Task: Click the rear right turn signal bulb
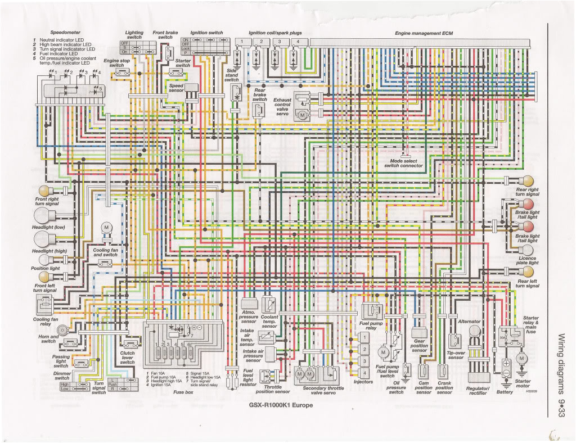point(528,180)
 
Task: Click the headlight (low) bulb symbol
point(43,216)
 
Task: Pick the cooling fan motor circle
point(105,227)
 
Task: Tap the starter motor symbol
point(521,358)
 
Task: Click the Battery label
point(505,391)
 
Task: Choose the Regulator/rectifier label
point(478,391)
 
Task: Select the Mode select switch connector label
point(403,164)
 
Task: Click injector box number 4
point(364,373)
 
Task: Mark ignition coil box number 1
point(241,42)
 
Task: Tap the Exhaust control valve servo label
point(282,107)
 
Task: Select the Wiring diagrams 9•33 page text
point(561,376)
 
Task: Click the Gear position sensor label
point(419,345)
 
